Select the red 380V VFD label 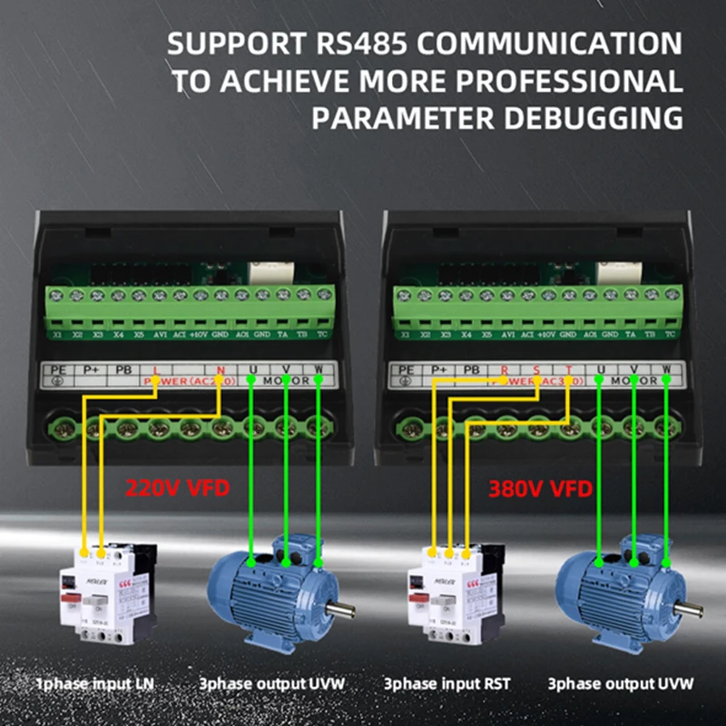(540, 490)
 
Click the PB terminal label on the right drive (471, 369)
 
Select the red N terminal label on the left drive (221, 369)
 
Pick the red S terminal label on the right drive (536, 369)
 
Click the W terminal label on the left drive (319, 369)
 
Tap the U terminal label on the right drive (602, 369)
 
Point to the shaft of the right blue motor (688, 607)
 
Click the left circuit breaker (106, 594)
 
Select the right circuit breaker (455, 594)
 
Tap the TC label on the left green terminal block (324, 335)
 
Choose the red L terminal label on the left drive (156, 369)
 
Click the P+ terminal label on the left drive (92, 369)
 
